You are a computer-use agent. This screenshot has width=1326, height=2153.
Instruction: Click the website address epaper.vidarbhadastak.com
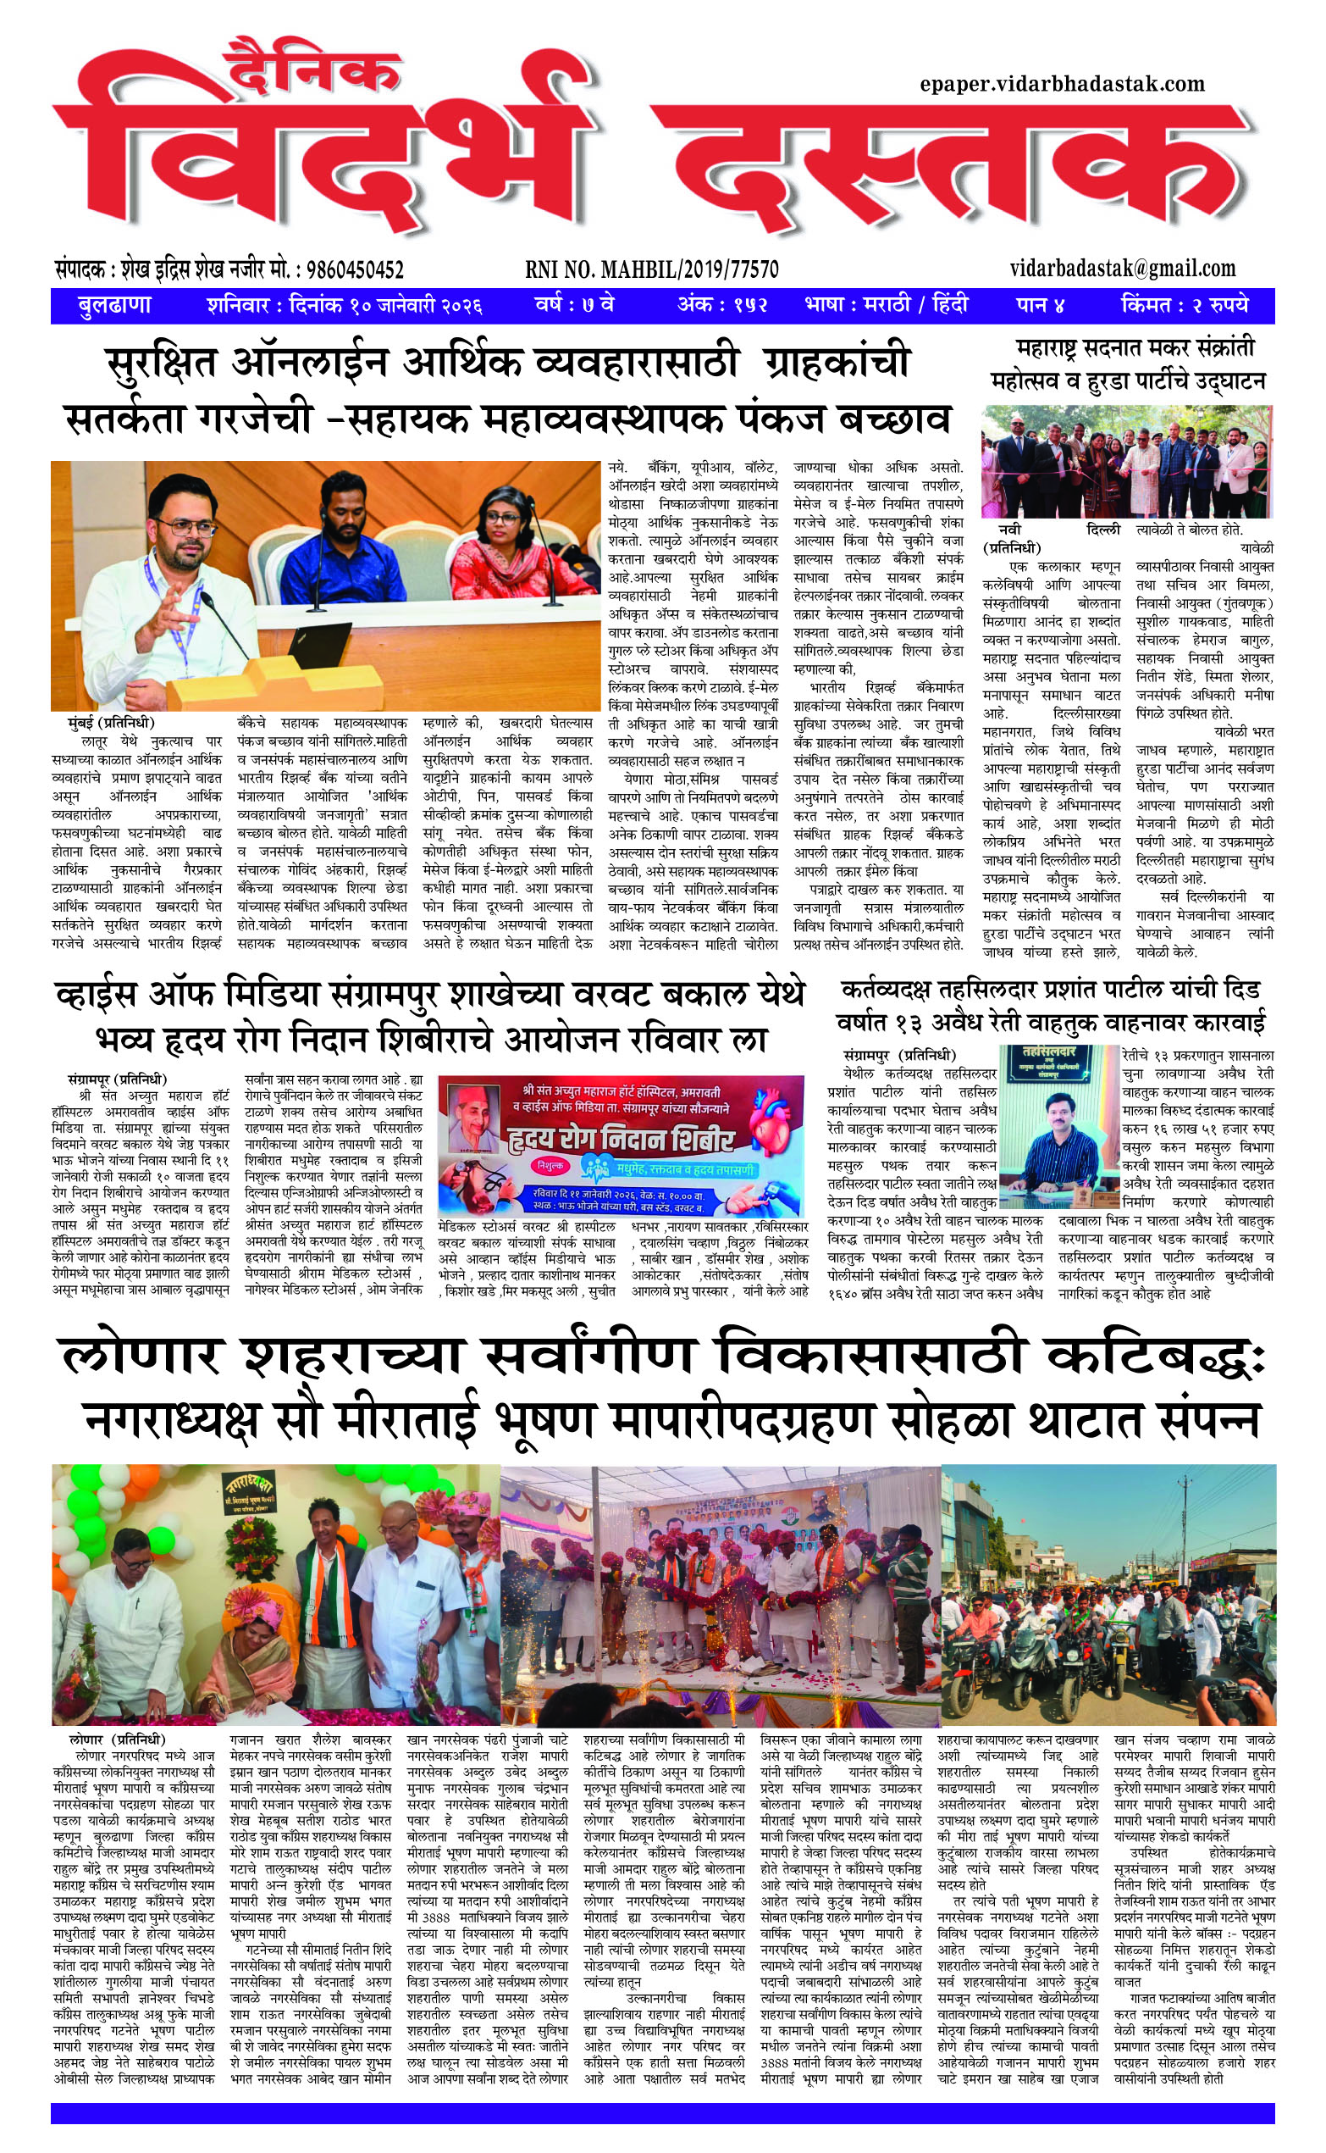tap(1062, 84)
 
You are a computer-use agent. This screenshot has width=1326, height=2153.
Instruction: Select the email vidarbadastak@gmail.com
tap(1123, 269)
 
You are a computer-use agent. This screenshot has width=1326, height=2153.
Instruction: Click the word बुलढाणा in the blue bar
tap(114, 305)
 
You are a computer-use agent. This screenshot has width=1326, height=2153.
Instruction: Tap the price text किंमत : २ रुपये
tap(1184, 305)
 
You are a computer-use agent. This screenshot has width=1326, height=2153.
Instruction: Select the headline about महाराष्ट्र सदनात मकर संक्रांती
tap(1128, 364)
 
